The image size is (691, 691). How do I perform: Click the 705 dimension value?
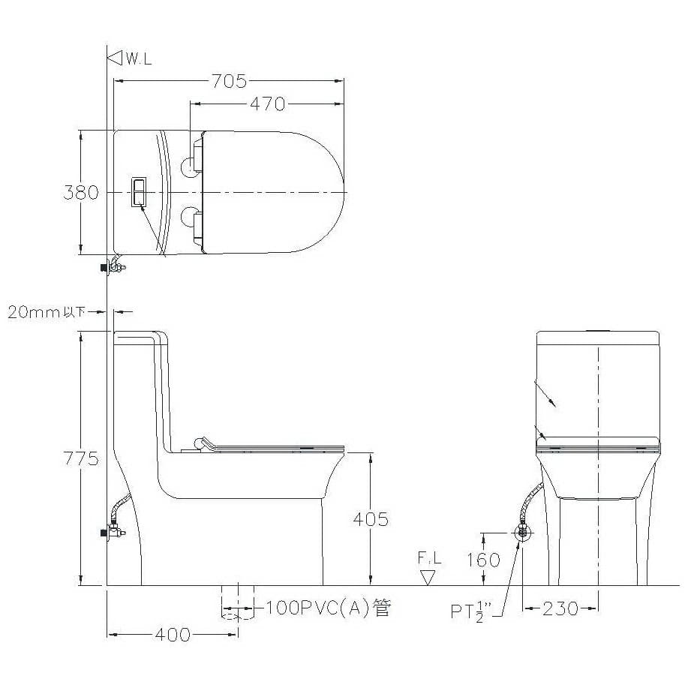(229, 81)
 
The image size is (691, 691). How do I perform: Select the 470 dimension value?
(268, 104)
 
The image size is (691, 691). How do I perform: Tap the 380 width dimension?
(81, 193)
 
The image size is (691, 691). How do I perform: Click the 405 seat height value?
(371, 520)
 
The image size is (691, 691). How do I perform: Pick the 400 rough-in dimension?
(173, 635)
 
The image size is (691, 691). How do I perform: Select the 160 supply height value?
(483, 560)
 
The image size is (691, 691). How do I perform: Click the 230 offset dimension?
(560, 609)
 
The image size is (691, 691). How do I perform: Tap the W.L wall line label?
(139, 59)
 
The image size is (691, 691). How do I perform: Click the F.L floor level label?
(429, 558)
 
